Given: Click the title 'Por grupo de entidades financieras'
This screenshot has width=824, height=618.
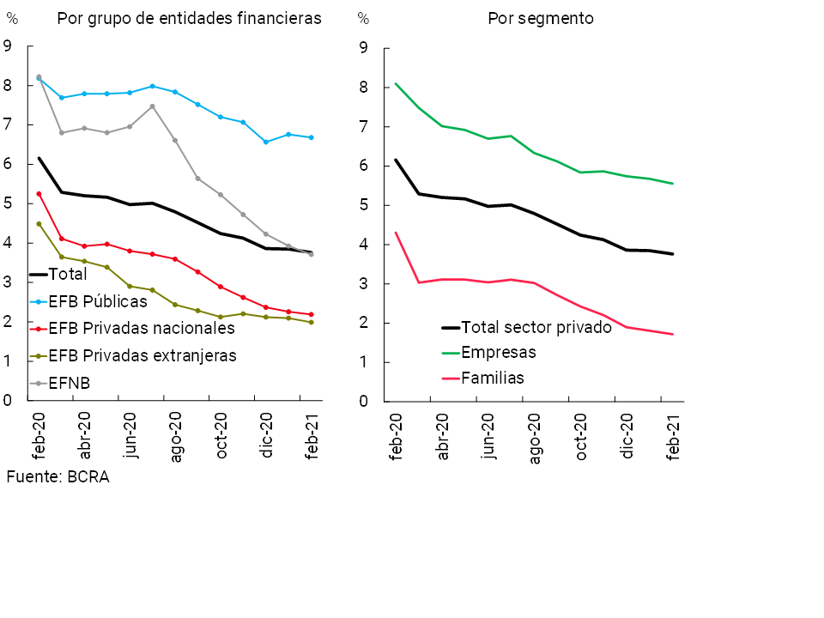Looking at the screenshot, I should pos(189,19).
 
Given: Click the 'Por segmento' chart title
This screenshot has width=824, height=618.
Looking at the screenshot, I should pos(540,19).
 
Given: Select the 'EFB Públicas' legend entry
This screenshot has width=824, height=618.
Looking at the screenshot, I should pos(98,301).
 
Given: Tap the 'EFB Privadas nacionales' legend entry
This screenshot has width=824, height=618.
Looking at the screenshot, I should pos(141,328).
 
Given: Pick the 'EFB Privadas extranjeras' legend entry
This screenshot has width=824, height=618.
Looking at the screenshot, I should pos(142,354).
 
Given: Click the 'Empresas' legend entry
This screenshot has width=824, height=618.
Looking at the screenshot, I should pos(498,352).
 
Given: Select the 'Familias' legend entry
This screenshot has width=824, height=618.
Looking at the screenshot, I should pos(492,378).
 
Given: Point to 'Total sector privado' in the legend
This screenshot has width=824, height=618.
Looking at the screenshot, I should pos(536,327).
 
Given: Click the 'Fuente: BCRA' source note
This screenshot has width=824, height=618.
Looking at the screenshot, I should pos(58,477).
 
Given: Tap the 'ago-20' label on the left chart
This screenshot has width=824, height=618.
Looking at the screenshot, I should pos(175,440).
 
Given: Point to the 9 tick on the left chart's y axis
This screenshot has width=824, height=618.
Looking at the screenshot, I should pos(8,46).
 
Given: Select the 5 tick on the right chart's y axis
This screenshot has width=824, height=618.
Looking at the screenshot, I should pos(363,205).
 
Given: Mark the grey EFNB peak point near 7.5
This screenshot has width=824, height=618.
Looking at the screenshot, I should pos(152,106).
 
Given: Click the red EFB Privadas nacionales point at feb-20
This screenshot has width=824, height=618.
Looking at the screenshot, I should pos(39,194).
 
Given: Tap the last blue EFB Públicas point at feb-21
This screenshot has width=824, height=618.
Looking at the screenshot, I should pos(311,137).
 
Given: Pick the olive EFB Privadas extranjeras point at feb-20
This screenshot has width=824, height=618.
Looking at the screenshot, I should pos(39,224).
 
